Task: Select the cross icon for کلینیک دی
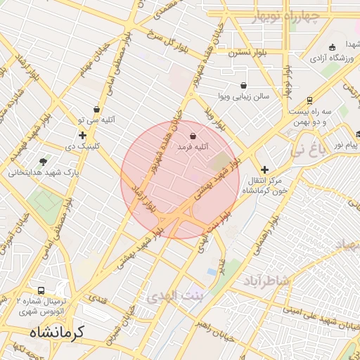click(82, 135)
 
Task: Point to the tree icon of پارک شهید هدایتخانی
click(44, 161)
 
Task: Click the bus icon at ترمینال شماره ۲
click(41, 290)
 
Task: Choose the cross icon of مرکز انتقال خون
click(264, 169)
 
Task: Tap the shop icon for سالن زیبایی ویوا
click(243, 85)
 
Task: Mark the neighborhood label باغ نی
click(309, 149)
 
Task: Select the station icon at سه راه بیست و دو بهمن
click(310, 101)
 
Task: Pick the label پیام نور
click(345, 144)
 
